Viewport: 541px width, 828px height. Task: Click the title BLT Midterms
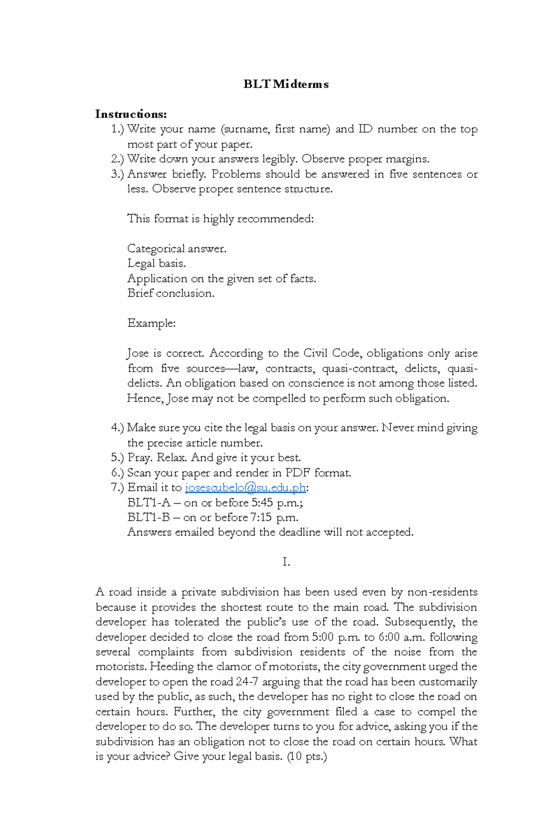pos(286,84)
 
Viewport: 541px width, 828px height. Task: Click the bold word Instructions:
pos(131,114)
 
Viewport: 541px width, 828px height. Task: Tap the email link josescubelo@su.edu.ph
pos(246,488)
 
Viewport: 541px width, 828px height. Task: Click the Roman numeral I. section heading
pos(286,562)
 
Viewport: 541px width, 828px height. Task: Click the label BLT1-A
pos(149,503)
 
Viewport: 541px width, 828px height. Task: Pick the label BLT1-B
pos(148,518)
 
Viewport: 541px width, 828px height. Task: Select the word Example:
pos(151,324)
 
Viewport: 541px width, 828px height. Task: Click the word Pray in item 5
pos(139,458)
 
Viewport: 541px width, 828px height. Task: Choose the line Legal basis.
pos(156,264)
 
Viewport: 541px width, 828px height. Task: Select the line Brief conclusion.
pos(171,293)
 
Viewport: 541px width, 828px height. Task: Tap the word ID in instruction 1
pos(365,130)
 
